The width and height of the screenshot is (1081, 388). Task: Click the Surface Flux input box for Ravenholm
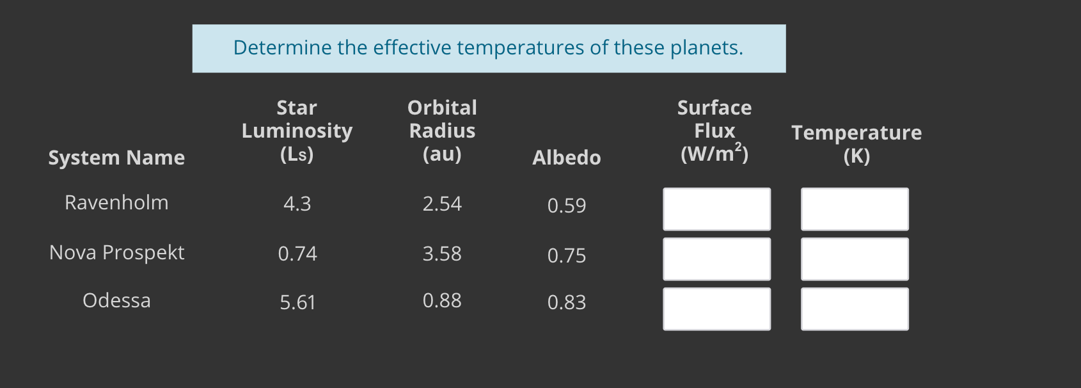click(716, 209)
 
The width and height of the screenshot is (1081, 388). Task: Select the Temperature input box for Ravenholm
click(855, 209)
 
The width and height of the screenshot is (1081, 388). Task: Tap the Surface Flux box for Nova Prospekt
click(716, 259)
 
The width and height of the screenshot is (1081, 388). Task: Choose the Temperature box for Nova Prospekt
click(855, 259)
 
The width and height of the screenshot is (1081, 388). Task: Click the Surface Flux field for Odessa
click(716, 309)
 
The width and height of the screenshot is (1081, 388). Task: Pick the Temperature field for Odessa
click(855, 309)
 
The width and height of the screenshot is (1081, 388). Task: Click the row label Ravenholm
click(116, 203)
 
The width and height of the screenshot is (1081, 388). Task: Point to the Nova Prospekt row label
click(116, 253)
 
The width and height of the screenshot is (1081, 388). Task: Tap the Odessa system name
click(116, 301)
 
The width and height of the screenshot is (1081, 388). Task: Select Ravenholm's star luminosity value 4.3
click(297, 204)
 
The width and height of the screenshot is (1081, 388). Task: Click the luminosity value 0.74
click(297, 254)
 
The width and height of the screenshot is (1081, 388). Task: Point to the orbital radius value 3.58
click(442, 254)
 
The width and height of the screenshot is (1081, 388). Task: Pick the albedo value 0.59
click(567, 206)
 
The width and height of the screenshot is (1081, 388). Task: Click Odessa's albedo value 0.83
click(567, 302)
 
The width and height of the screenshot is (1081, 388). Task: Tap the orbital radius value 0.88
click(442, 301)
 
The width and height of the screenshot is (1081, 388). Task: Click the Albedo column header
click(567, 158)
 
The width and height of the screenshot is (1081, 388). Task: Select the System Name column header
click(116, 158)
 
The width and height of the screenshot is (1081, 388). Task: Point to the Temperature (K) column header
click(856, 144)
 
